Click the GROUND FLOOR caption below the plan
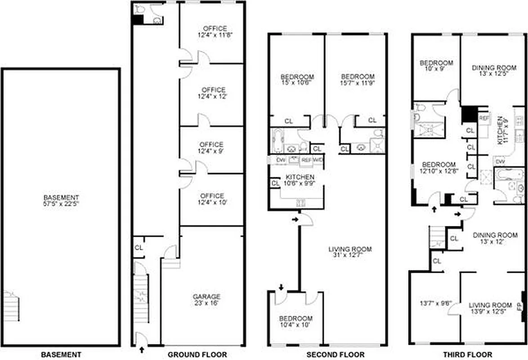pos(197,355)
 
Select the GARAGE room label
pos(206,297)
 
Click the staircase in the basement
pos(11,306)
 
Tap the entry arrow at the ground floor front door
pos(142,349)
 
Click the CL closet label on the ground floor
pos(139,247)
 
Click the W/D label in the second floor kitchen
pos(317,160)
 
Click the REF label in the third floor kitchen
pos(483,118)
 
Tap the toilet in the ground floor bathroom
pos(139,9)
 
